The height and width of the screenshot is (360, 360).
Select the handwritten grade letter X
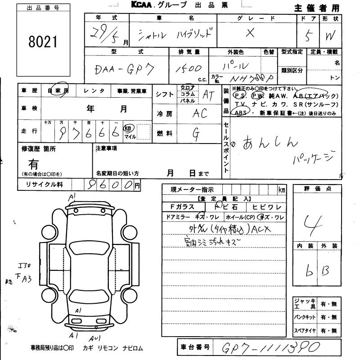[251, 32]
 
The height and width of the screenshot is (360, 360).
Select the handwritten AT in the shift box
[208, 94]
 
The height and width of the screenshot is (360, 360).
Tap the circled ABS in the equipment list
[238, 113]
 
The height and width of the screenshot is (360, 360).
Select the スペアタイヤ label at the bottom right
[305, 330]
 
